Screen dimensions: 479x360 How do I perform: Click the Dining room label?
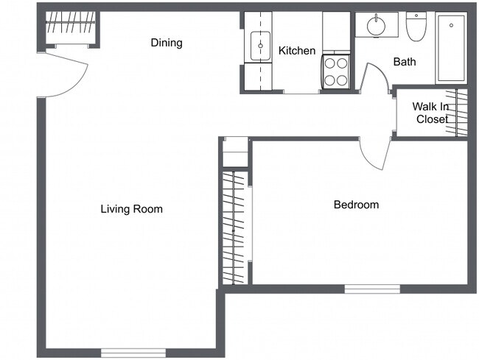pyautogui.click(x=167, y=43)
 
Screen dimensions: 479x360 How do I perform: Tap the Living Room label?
pyautogui.click(x=132, y=209)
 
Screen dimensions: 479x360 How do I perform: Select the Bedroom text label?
pyautogui.click(x=356, y=205)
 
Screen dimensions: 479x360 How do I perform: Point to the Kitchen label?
pyautogui.click(x=297, y=51)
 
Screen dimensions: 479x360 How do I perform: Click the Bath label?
pyautogui.click(x=405, y=62)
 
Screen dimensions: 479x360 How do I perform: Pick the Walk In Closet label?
pyautogui.click(x=431, y=113)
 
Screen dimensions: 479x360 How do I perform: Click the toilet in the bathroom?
pyautogui.click(x=416, y=27)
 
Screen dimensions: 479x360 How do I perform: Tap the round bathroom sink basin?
pyautogui.click(x=377, y=26)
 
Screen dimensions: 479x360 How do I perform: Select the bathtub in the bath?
pyautogui.click(x=451, y=48)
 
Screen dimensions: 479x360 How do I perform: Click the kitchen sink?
pyautogui.click(x=260, y=46)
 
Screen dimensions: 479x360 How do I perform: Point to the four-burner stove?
pyautogui.click(x=335, y=72)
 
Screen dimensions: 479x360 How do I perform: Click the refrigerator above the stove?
pyautogui.click(x=336, y=32)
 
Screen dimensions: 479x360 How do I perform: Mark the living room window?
pyautogui.click(x=133, y=353)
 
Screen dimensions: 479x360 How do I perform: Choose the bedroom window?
pyautogui.click(x=372, y=289)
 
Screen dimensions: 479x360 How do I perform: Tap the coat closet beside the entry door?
pyautogui.click(x=71, y=29)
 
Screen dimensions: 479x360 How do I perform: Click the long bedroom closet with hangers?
pyautogui.click(x=234, y=227)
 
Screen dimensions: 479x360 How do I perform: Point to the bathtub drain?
pyautogui.click(x=452, y=26)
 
